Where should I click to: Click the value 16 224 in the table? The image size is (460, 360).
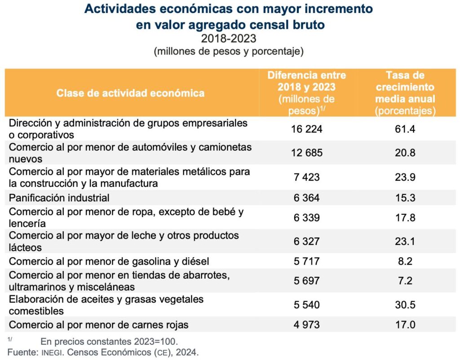pyautogui.click(x=307, y=129)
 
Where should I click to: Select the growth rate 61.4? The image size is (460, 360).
pyautogui.click(x=405, y=129)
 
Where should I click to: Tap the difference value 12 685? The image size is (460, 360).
pyautogui.click(x=307, y=153)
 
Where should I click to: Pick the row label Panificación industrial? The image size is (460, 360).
pyautogui.click(x=59, y=197)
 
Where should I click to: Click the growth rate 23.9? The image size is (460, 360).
pyautogui.click(x=405, y=177)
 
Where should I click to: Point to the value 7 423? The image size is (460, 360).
pyautogui.click(x=307, y=177)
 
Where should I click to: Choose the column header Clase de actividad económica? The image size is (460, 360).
pyautogui.click(x=130, y=93)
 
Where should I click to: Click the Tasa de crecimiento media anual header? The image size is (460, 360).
pyautogui.click(x=405, y=93)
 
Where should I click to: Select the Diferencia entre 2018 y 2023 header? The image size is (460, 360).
pyautogui.click(x=307, y=93)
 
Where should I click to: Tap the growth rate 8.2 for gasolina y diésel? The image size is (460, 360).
pyautogui.click(x=405, y=261)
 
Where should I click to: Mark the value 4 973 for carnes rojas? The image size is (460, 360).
pyautogui.click(x=307, y=324)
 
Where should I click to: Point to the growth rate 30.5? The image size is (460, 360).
pyautogui.click(x=405, y=305)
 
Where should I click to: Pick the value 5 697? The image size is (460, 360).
pyautogui.click(x=307, y=281)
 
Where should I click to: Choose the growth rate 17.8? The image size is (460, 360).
pyautogui.click(x=405, y=218)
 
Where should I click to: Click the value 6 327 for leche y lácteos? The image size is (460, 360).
pyautogui.click(x=307, y=241)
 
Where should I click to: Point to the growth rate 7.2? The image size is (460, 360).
pyautogui.click(x=405, y=281)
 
